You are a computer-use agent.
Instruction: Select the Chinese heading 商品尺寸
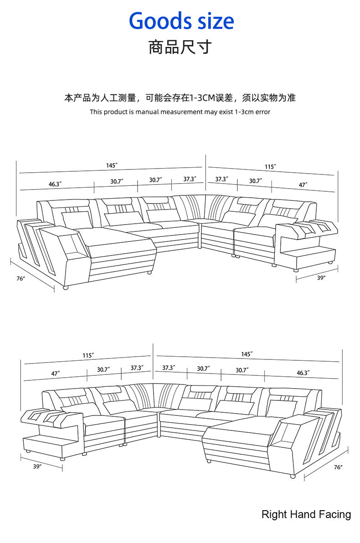coord(180,47)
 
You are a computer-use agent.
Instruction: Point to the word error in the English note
coord(262,112)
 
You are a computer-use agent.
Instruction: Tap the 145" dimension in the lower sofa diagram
coord(247,354)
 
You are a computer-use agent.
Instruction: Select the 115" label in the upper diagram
coord(271,167)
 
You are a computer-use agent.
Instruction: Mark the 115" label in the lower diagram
coord(88,355)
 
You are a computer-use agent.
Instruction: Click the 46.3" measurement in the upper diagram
coord(55,184)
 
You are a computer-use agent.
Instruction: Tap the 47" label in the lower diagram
coord(56,374)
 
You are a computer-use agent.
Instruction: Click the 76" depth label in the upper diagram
coord(21,278)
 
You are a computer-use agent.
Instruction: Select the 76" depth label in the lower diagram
coord(338,467)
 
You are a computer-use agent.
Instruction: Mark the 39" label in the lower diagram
coord(37,466)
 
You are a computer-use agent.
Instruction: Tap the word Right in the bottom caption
coord(274,515)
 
